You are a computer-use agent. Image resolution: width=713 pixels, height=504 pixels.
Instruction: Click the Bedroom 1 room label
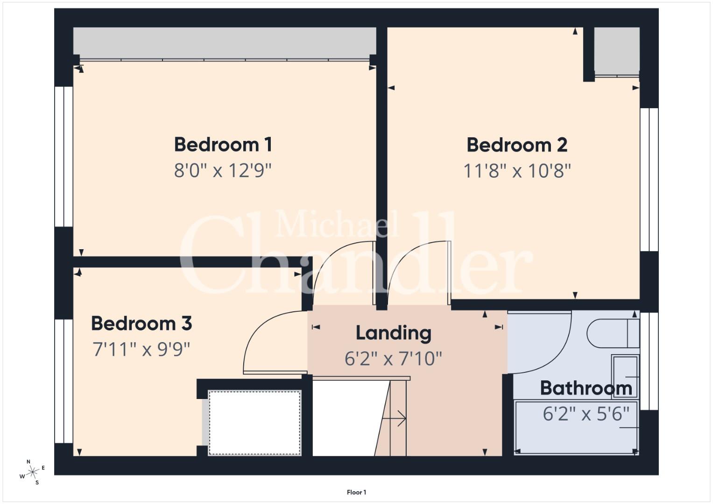click(223, 145)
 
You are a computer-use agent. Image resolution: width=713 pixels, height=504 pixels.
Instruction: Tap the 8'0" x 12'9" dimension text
click(223, 170)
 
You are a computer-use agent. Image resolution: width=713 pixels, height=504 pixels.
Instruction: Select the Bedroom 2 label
click(517, 145)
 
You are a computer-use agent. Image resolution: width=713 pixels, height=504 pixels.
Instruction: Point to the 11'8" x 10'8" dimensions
click(517, 171)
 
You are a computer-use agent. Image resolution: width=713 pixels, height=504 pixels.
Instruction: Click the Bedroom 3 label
click(141, 323)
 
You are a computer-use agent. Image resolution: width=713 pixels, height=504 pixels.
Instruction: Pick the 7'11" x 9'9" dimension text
click(141, 350)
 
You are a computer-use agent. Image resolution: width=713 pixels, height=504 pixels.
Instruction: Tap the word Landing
click(394, 334)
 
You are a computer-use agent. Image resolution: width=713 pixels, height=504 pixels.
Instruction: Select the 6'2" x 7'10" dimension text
click(394, 359)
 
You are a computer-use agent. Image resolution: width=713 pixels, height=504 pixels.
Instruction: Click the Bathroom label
click(586, 388)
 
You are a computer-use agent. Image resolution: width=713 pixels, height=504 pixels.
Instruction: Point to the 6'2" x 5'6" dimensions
click(586, 414)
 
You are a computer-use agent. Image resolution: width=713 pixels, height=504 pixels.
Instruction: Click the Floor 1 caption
click(357, 492)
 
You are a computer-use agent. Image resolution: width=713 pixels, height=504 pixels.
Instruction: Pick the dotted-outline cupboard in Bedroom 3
click(254, 423)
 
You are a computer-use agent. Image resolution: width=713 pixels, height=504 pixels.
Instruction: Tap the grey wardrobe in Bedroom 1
click(225, 43)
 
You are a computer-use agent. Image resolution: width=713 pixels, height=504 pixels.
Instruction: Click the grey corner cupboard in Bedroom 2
click(617, 51)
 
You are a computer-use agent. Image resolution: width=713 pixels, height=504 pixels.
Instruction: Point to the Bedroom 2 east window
click(649, 180)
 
